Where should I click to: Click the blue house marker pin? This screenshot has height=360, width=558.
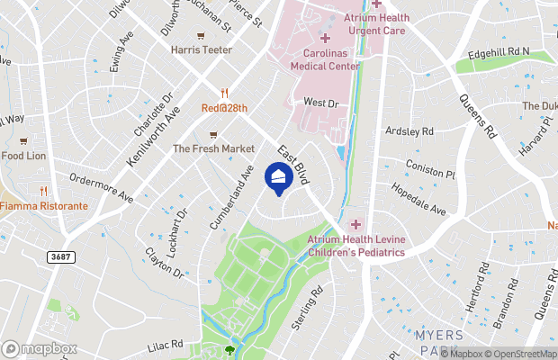[279, 176]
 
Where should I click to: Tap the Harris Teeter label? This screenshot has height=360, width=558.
[201, 49]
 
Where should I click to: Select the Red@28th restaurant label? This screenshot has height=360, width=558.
[223, 108]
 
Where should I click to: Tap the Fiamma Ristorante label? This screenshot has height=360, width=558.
[44, 205]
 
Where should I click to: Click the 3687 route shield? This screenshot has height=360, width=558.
[61, 256]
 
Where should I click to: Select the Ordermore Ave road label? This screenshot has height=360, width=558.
[101, 186]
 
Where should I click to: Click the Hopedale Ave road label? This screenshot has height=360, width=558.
[418, 200]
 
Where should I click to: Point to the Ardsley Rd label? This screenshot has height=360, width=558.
[409, 131]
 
